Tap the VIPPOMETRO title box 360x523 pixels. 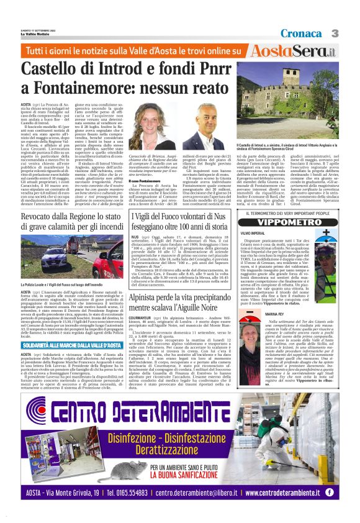[x=296, y=221]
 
